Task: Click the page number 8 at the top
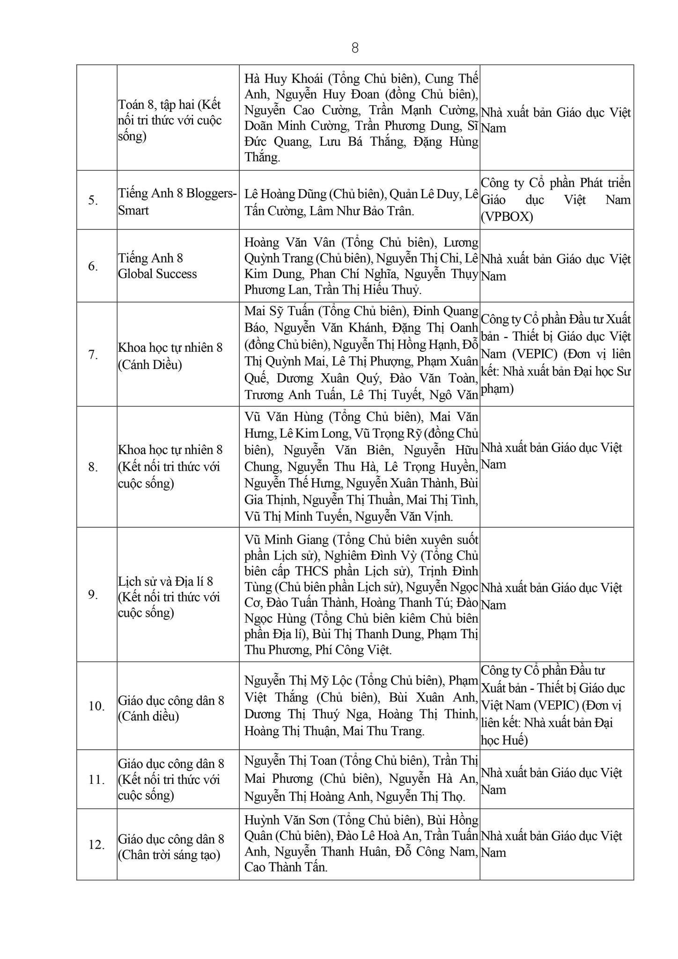[354, 48]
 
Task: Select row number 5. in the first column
[93, 200]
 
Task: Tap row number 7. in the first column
[93, 355]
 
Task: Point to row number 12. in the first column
[96, 844]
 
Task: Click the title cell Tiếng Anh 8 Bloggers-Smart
[177, 201]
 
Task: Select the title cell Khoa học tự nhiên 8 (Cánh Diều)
[170, 356]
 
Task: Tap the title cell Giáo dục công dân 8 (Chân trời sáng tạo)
[171, 847]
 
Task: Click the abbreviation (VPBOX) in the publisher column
[507, 217]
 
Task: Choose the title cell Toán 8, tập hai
[169, 120]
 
